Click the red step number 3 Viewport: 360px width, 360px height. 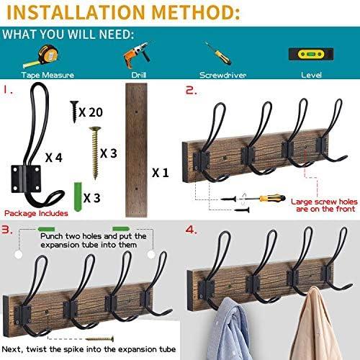coord(9,230)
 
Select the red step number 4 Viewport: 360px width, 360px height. coord(190,230)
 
